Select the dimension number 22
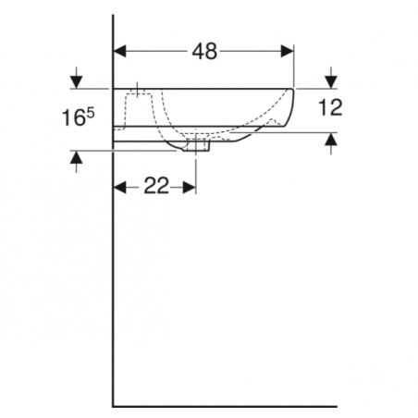(156, 188)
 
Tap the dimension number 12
(330, 107)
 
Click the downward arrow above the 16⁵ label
(75, 79)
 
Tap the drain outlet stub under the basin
(203, 145)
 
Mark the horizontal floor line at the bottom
(222, 406)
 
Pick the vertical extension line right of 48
(294, 65)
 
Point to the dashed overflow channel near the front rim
(273, 119)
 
